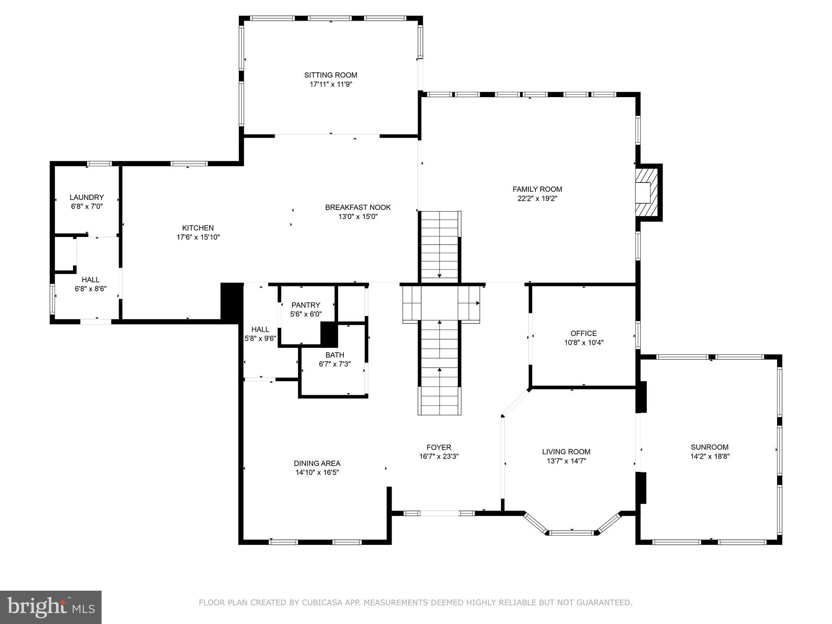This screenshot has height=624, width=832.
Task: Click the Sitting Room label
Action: (331, 75)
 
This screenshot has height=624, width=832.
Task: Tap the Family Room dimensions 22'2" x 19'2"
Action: (537, 199)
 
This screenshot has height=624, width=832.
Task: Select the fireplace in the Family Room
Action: (648, 193)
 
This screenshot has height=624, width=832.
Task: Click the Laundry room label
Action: (87, 197)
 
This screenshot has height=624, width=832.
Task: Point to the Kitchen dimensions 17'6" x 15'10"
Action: (198, 237)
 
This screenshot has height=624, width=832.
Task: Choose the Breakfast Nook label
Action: (358, 207)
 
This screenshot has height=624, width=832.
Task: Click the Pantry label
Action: (306, 305)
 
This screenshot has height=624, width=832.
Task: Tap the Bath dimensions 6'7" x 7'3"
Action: (335, 364)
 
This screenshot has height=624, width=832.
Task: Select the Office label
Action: (583, 334)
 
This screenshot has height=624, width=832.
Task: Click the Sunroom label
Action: (710, 447)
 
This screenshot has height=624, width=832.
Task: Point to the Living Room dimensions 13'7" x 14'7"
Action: (566, 461)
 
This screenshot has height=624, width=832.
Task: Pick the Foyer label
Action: (439, 448)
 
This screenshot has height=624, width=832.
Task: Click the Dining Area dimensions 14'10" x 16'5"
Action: (317, 472)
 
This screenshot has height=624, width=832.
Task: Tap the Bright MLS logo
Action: (51, 607)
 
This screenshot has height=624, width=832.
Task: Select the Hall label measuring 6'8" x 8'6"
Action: (90, 280)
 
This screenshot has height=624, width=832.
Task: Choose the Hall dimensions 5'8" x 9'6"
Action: (260, 338)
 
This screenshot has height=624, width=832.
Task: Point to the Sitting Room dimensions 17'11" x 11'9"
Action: (331, 84)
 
